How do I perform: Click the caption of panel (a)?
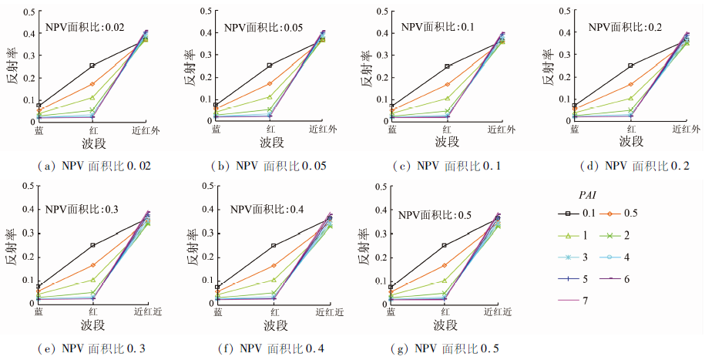coord(90,166)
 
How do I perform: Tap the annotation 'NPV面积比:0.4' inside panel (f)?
coord(267,208)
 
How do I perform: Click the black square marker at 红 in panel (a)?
coord(92,66)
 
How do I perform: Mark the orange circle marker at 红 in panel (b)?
coord(270,83)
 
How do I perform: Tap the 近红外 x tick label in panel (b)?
coord(323,129)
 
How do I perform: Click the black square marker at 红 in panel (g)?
coord(445,245)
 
